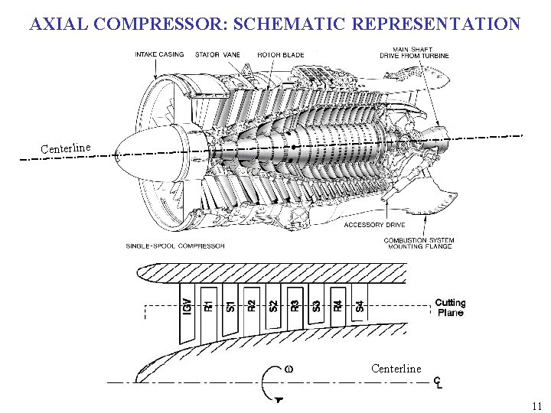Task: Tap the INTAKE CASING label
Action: pyautogui.click(x=159, y=55)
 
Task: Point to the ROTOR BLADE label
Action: pyautogui.click(x=280, y=55)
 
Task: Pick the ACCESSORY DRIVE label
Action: pyautogui.click(x=374, y=225)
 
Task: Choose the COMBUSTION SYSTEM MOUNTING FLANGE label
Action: pyautogui.click(x=419, y=243)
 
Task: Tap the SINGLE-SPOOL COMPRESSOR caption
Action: pyautogui.click(x=175, y=246)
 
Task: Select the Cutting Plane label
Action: pyautogui.click(x=450, y=307)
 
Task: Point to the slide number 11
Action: pyautogui.click(x=536, y=405)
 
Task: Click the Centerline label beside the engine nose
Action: pyautogui.click(x=66, y=147)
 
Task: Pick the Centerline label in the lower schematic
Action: pyautogui.click(x=396, y=369)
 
